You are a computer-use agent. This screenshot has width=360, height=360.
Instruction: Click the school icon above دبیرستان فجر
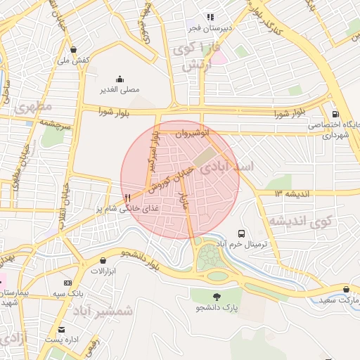[210, 17]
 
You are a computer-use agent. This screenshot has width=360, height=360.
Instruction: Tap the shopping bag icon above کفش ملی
[74, 50]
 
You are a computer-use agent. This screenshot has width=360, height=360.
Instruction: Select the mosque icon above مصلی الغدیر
[119, 79]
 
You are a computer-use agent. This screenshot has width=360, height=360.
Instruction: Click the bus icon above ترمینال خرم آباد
[242, 233]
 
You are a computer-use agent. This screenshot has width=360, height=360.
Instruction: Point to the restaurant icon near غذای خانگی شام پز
[127, 198]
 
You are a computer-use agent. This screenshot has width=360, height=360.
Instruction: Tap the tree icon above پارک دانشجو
[217, 297]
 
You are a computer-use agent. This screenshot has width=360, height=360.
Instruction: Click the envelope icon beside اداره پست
[61, 329]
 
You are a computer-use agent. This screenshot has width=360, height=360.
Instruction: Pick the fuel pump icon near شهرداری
[335, 114]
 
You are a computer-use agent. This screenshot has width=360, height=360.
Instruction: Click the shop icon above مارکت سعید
[345, 289]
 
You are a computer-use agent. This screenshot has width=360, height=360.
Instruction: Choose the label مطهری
[32, 107]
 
